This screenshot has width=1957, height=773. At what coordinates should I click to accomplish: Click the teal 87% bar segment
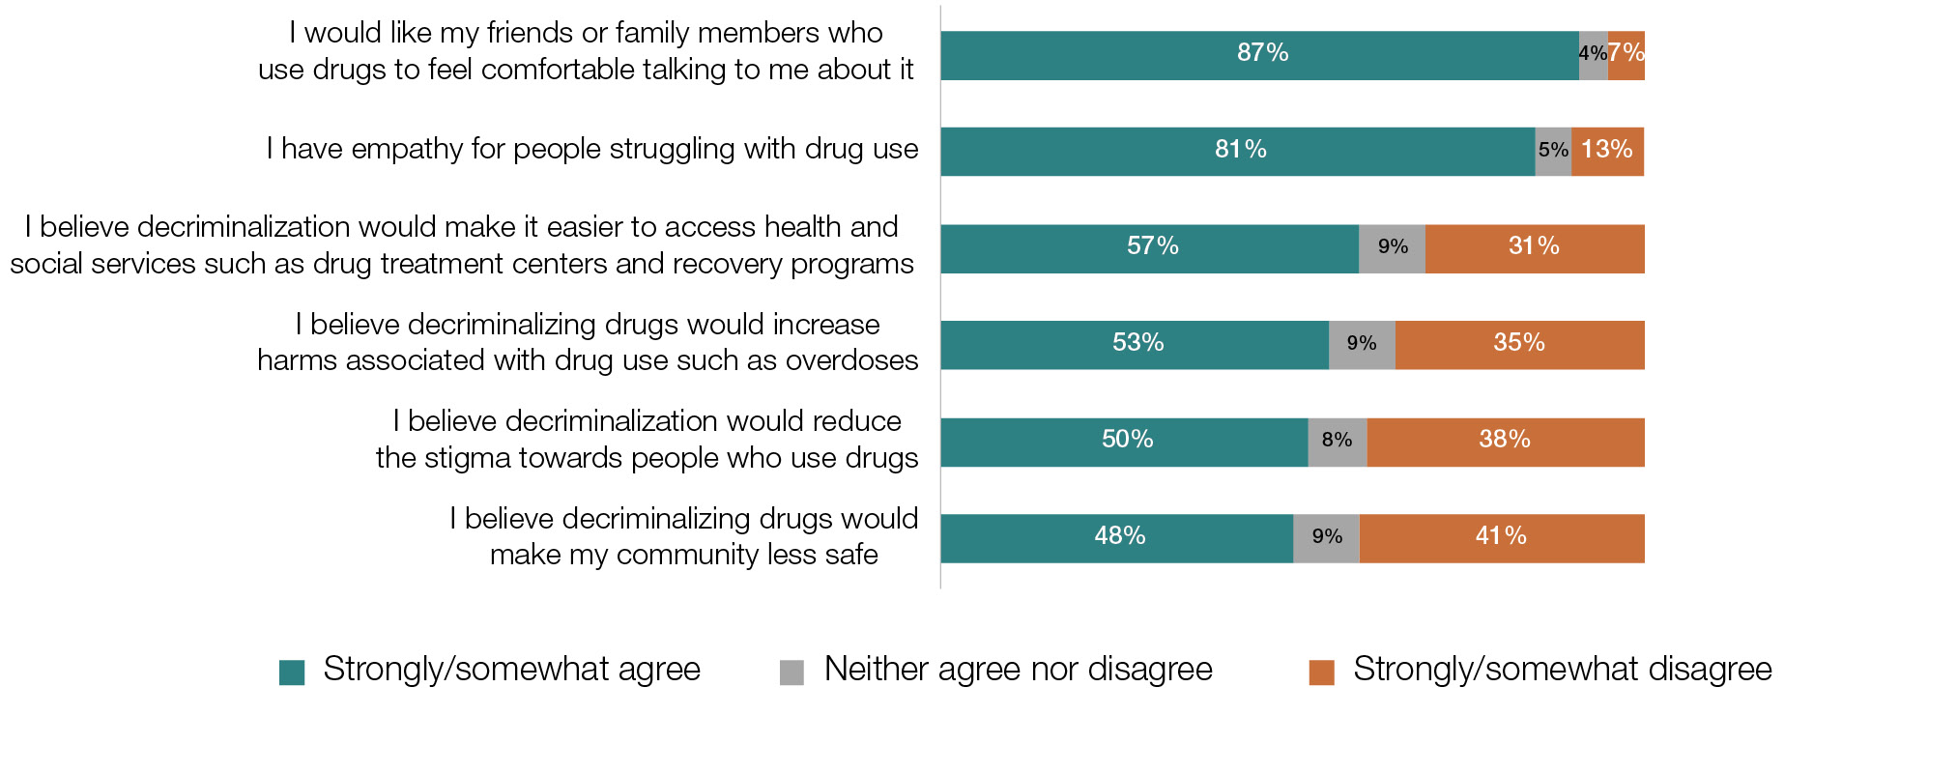tap(1259, 55)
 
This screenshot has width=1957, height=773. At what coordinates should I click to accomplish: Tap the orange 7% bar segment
tap(1626, 55)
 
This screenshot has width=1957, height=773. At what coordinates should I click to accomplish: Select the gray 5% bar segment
tap(1553, 152)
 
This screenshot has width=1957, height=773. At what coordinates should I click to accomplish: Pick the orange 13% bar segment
tap(1608, 152)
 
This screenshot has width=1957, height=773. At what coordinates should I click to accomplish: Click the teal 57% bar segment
tap(1150, 248)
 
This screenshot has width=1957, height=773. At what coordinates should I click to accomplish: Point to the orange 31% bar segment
tap(1535, 248)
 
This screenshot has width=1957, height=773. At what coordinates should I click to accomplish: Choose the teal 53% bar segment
tap(1135, 345)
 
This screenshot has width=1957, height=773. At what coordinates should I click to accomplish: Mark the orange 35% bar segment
tap(1520, 345)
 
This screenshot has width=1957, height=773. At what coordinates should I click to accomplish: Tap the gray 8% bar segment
tap(1338, 442)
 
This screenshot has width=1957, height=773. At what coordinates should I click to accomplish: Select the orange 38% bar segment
tap(1506, 442)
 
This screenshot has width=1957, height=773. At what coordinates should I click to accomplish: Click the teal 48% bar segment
tap(1117, 538)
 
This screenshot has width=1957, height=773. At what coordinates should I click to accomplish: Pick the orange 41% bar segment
tap(1502, 538)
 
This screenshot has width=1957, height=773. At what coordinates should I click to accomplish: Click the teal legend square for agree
tap(292, 672)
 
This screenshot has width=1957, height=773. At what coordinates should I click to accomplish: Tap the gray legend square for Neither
tap(791, 672)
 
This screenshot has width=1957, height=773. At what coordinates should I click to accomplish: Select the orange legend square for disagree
tap(1321, 672)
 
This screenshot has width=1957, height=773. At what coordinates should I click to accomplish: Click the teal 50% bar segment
tap(1125, 442)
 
